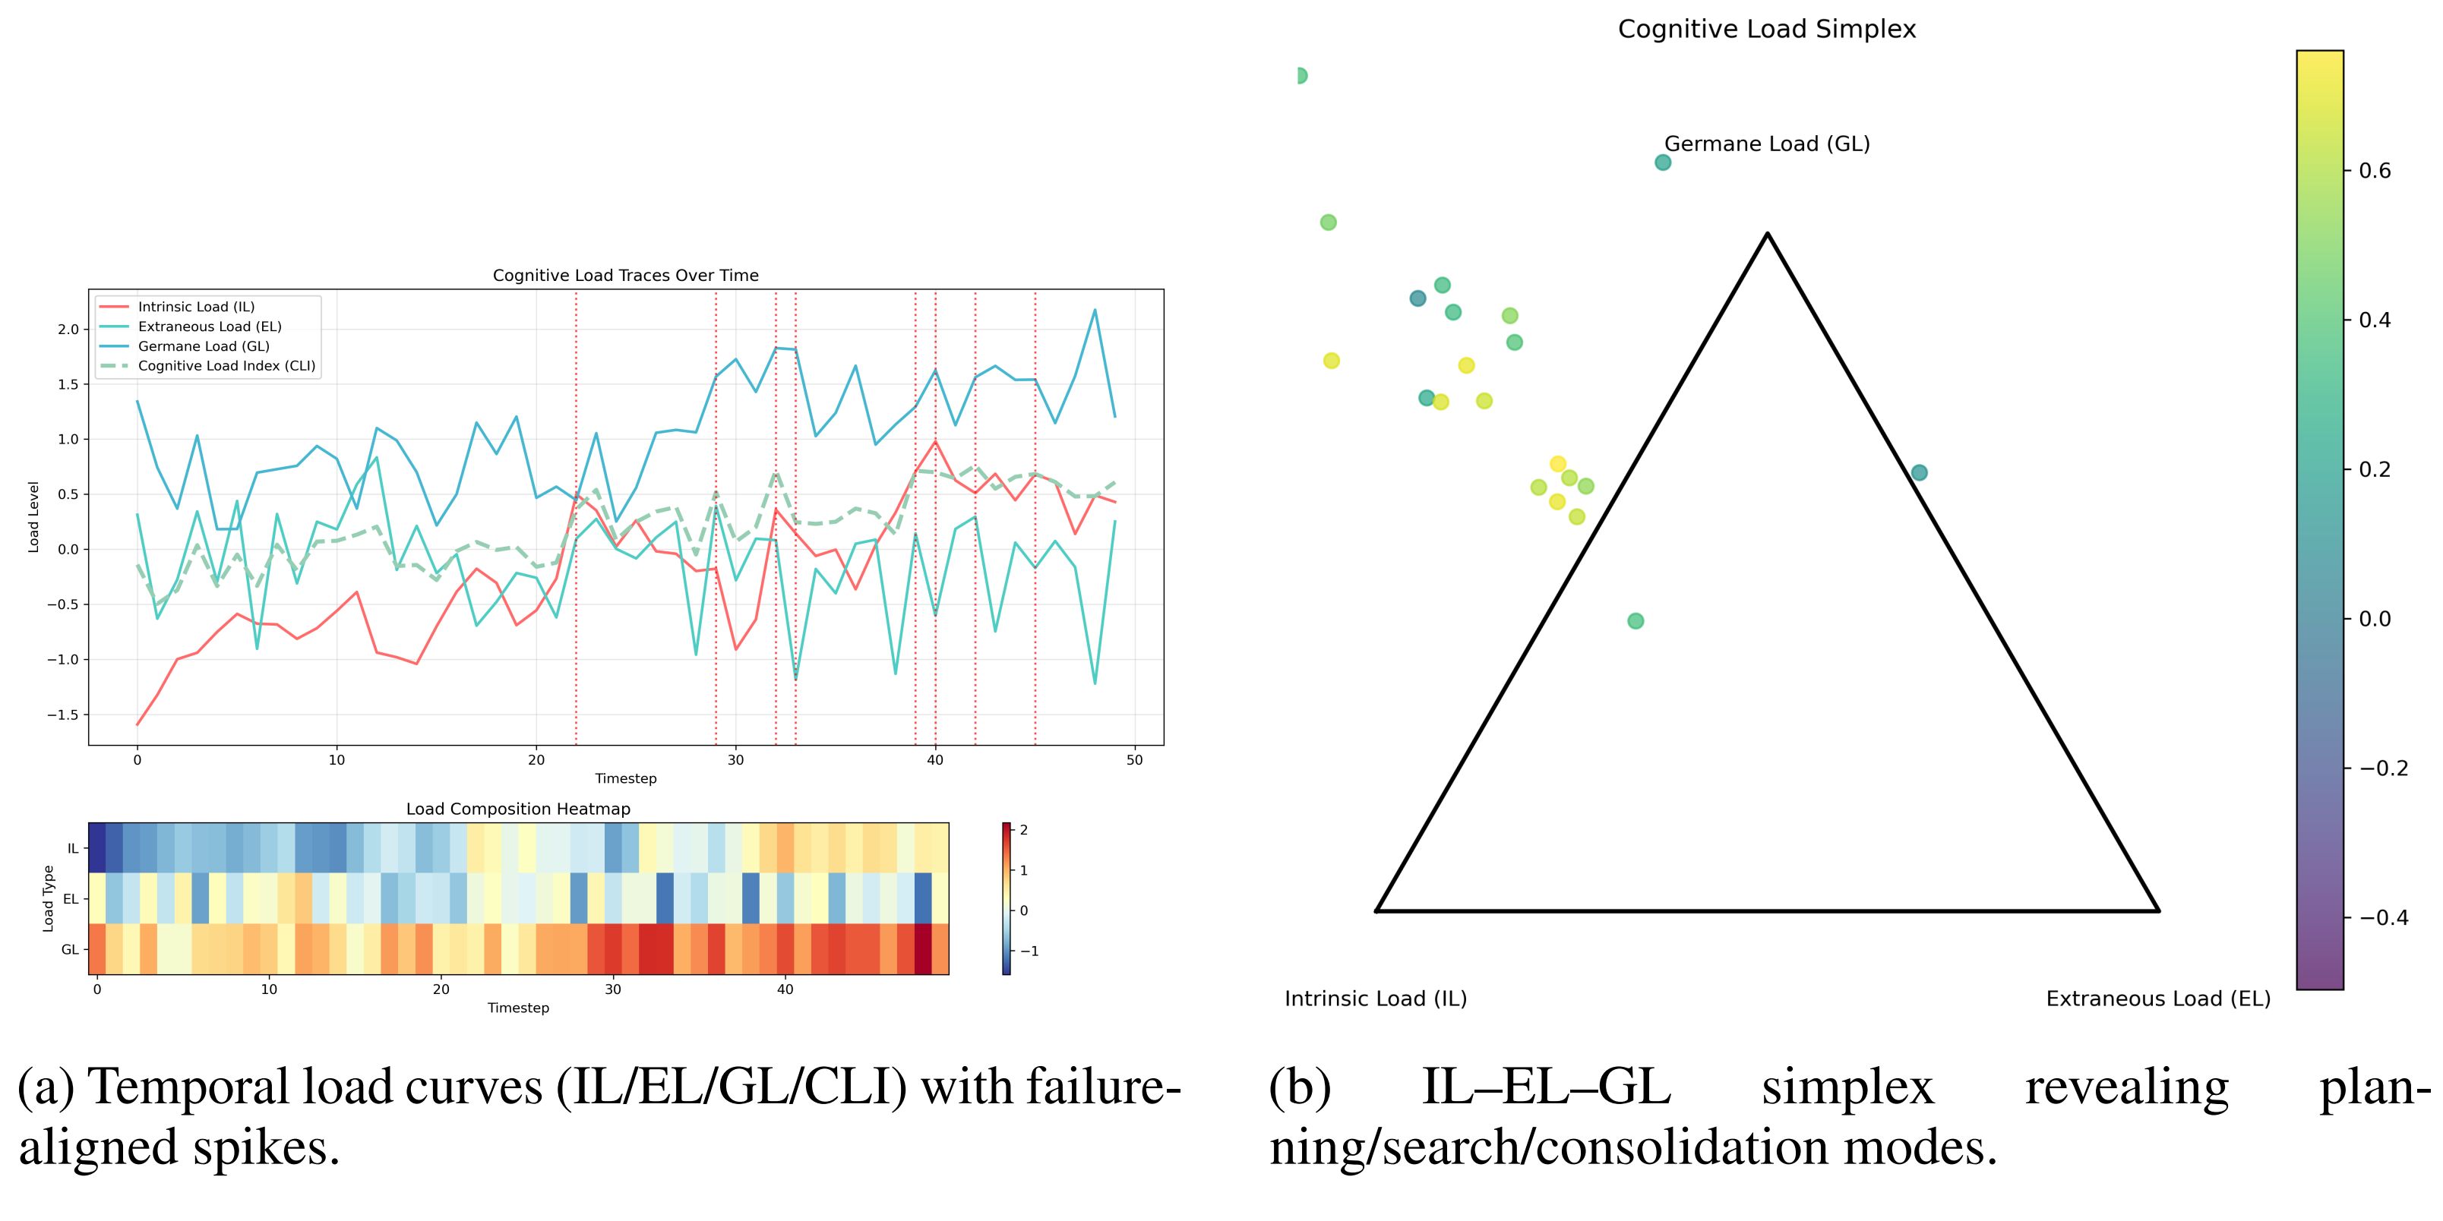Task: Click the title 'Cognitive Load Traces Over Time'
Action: point(625,276)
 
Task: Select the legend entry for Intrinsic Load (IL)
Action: point(196,307)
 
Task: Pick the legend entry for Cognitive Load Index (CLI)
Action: point(226,366)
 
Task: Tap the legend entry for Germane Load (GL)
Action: point(204,346)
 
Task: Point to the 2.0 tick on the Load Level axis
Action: point(68,330)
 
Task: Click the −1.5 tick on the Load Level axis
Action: point(62,715)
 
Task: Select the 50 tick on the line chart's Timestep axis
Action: point(1134,760)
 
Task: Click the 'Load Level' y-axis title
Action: point(34,516)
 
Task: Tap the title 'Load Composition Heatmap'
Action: point(518,809)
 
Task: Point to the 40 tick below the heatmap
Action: point(785,989)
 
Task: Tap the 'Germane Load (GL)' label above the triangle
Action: point(1767,144)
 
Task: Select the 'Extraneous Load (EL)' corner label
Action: point(2157,999)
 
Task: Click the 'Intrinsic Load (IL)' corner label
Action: point(1375,999)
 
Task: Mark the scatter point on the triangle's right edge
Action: point(1919,473)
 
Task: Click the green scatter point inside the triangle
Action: point(1635,621)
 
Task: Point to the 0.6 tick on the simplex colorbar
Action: point(2375,171)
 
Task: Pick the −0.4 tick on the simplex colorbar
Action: point(2382,917)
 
